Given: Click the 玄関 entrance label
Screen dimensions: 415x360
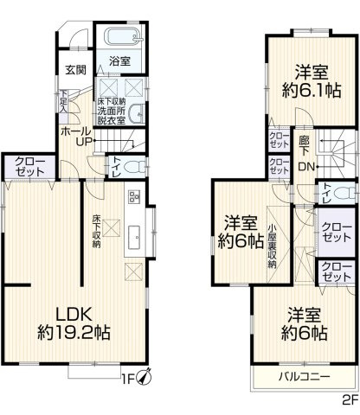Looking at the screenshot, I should pos(74,69).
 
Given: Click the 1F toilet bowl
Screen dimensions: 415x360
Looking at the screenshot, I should pos(130,167).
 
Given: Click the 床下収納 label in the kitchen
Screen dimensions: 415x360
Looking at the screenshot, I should pos(96,231).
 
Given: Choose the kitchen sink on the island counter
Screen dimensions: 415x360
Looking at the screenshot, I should pos(133,237).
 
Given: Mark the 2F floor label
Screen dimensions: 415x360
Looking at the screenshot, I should pos(348,400).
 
